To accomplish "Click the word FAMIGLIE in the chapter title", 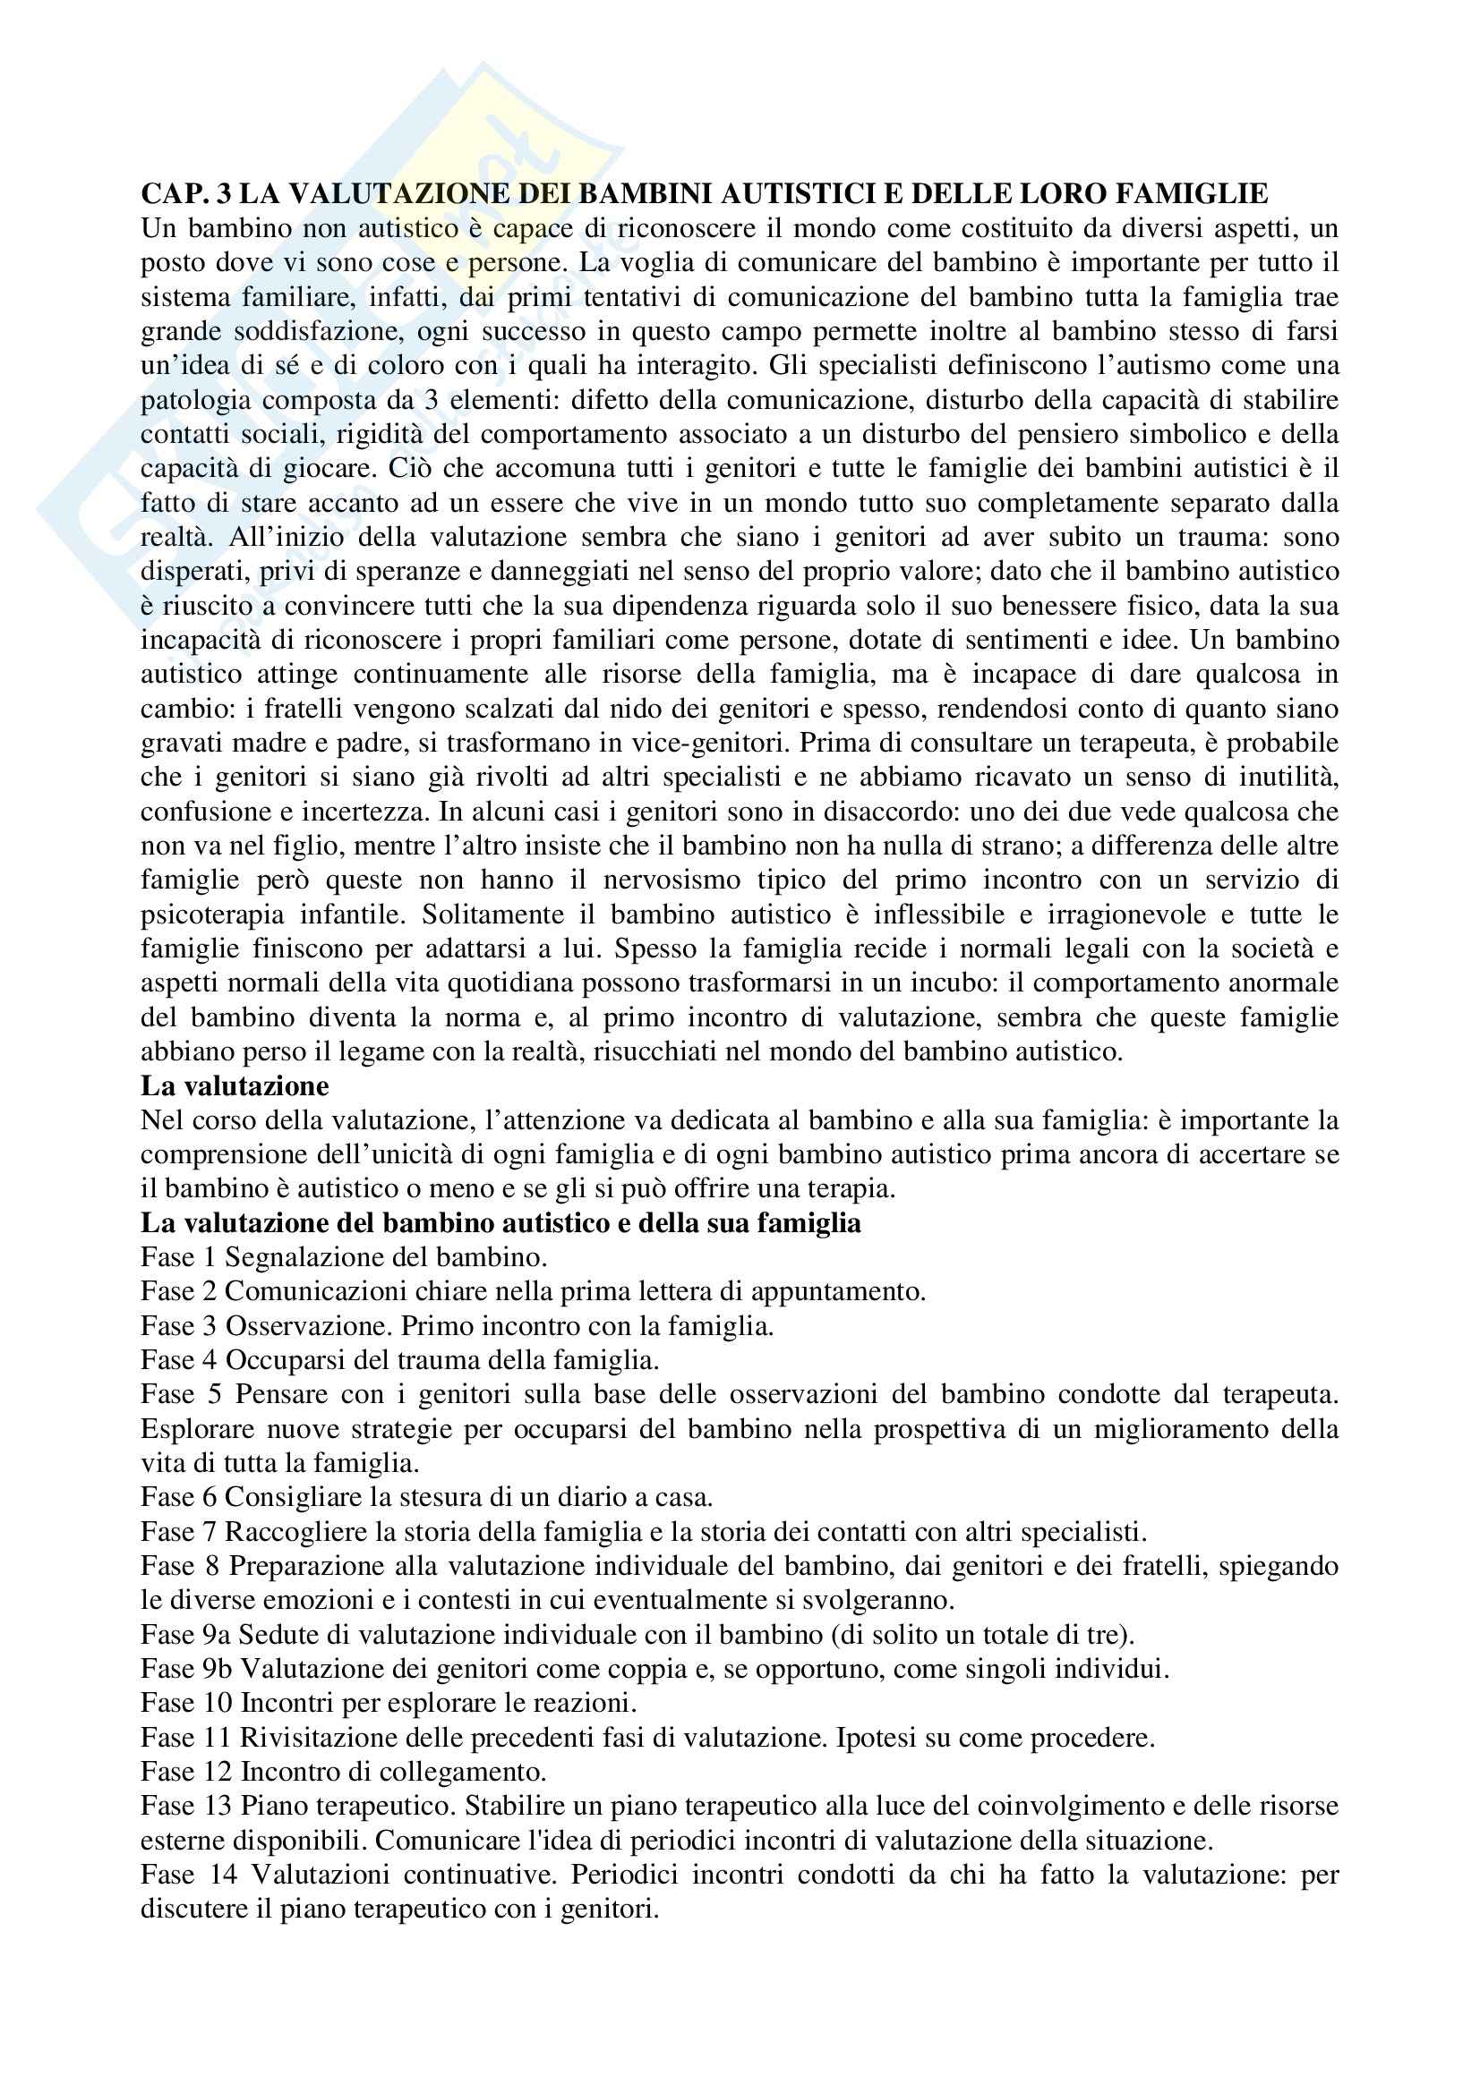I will pyautogui.click(x=1188, y=193).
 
